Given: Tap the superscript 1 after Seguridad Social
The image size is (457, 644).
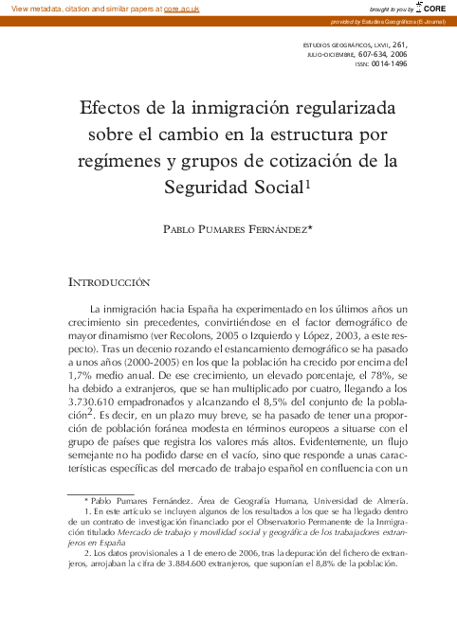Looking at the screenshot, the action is tap(307, 185).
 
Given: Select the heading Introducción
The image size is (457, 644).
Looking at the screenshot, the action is tap(109, 283).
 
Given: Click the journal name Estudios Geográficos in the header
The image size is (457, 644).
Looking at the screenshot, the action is tap(339, 44).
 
